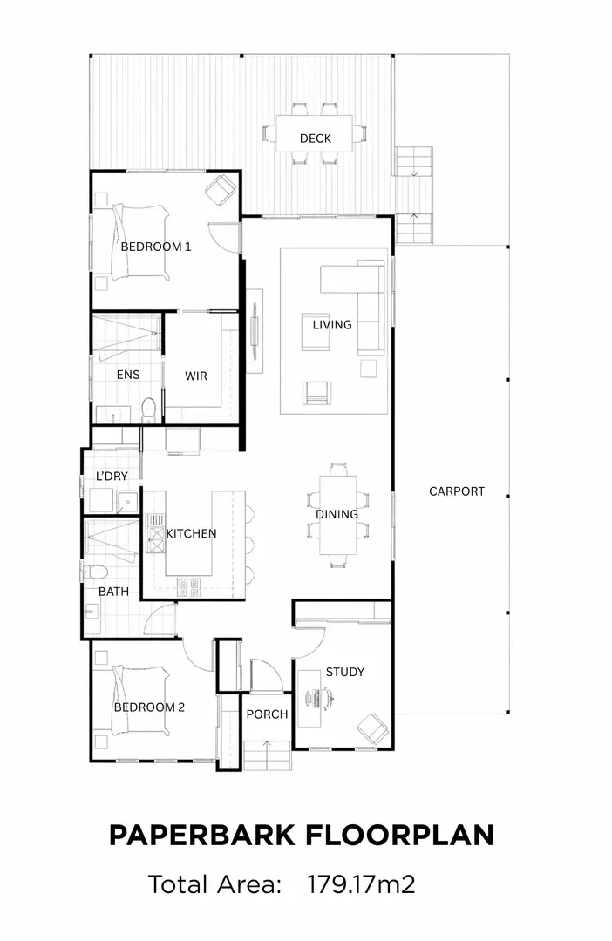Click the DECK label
(x=315, y=139)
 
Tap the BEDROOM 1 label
(x=156, y=247)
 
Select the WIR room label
(x=196, y=376)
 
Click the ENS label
(x=127, y=375)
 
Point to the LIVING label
(x=332, y=325)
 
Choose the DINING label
(x=337, y=514)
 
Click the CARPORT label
(x=456, y=491)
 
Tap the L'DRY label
(x=112, y=477)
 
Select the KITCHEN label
(x=191, y=533)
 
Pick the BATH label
(x=113, y=592)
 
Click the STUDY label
(x=344, y=672)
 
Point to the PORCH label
(x=267, y=714)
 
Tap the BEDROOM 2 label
(x=149, y=707)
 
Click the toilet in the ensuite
(x=148, y=408)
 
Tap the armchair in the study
(x=372, y=727)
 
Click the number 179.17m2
(x=361, y=885)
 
